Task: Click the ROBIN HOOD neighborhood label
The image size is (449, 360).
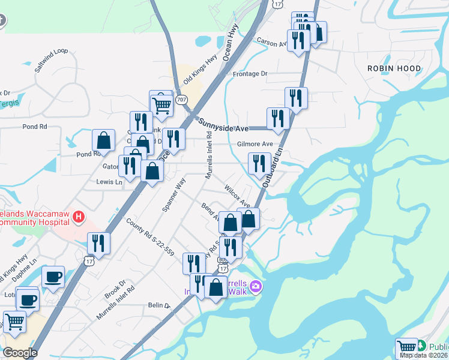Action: (x=394, y=68)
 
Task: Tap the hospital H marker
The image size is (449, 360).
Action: (x=78, y=217)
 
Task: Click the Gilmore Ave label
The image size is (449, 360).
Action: (x=255, y=144)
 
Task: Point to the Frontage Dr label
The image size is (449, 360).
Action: (x=250, y=74)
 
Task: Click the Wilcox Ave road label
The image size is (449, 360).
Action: (x=237, y=196)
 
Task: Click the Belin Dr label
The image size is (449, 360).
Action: (x=159, y=305)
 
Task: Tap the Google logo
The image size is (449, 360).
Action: (x=20, y=353)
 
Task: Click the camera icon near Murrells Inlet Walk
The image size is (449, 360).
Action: (x=255, y=286)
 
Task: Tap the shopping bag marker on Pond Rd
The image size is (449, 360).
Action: (x=104, y=140)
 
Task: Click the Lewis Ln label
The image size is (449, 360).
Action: (x=109, y=181)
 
